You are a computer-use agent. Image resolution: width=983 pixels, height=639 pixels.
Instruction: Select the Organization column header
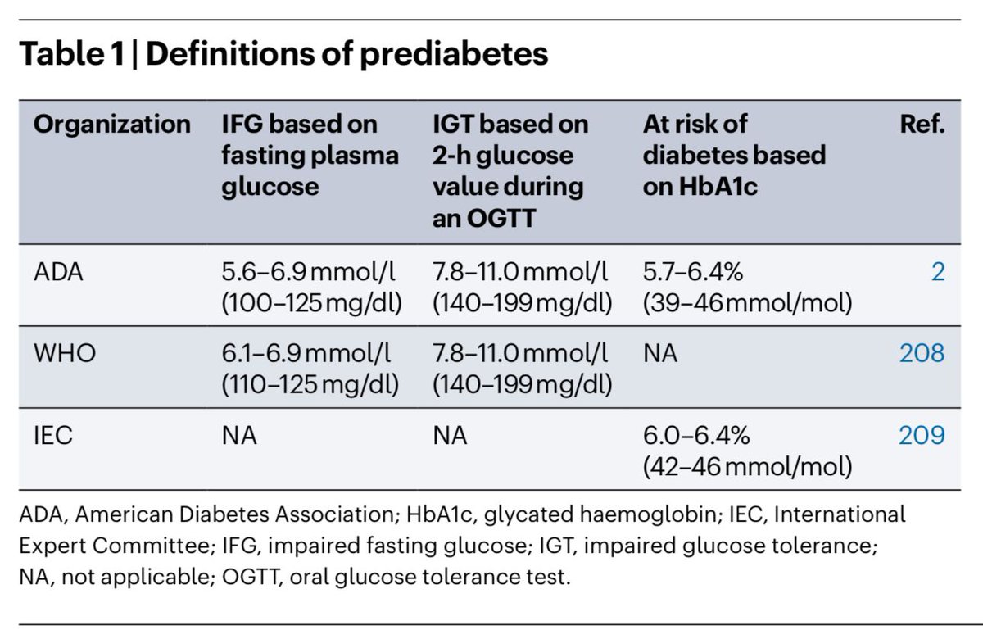112,124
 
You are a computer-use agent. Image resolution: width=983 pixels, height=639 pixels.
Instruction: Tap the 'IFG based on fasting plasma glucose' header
310,155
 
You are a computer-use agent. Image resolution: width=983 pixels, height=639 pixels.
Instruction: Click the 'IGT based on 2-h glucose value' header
510,170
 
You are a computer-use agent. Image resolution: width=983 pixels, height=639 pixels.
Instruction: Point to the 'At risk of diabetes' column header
734,155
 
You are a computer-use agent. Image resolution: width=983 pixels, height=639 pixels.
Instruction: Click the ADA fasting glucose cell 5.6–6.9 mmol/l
310,272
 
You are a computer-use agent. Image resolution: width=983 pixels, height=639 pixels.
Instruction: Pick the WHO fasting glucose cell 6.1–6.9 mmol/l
310,354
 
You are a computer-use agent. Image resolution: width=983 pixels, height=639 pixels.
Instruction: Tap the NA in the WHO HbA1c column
660,354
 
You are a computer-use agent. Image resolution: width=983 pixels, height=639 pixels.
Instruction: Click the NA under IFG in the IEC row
239,436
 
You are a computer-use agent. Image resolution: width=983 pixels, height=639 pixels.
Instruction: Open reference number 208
921,354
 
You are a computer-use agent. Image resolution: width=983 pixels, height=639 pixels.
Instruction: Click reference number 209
921,436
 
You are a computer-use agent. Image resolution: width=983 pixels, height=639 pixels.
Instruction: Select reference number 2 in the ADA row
937,272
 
